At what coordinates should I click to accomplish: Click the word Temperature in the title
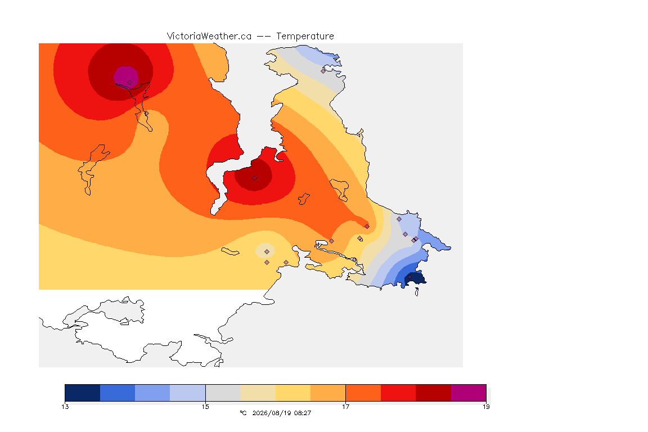point(305,37)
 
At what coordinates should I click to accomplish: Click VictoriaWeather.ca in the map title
point(209,37)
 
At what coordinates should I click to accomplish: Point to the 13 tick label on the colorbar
point(65,407)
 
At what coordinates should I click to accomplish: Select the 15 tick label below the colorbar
point(205,407)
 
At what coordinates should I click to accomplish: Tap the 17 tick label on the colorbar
point(345,407)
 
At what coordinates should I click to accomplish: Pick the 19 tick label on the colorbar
point(486,407)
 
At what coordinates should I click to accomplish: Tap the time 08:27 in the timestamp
point(302,413)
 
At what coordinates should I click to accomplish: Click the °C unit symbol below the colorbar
point(243,413)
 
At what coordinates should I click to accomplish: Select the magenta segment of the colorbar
point(469,393)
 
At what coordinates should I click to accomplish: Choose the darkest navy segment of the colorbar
point(83,393)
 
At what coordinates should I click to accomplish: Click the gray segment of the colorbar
point(223,393)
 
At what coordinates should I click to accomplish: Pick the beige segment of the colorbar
point(258,393)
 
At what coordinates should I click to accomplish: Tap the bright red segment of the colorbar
point(398,393)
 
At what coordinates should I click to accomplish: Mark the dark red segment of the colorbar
point(434,393)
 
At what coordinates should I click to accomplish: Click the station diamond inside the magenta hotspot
point(130,83)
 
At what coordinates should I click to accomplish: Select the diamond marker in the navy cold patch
point(409,277)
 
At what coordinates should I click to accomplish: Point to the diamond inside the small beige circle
point(267,252)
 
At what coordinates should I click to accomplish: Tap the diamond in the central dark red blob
point(255,178)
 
